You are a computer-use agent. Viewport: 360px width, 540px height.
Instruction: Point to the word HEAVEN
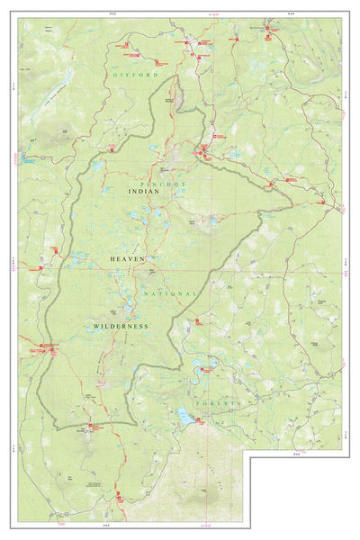click(x=126, y=259)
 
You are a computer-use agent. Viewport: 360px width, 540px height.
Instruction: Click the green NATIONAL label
click(x=168, y=293)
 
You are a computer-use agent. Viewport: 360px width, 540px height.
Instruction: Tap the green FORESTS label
click(x=216, y=404)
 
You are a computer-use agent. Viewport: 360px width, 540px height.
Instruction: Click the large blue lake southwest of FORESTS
click(x=185, y=417)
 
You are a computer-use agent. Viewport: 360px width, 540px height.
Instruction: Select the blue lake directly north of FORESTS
click(x=210, y=365)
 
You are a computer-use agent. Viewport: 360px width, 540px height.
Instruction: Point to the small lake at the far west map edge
click(x=24, y=159)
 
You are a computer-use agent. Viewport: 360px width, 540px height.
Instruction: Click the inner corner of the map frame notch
click(x=250, y=456)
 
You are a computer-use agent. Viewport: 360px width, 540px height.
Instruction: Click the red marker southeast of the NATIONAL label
click(x=197, y=319)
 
